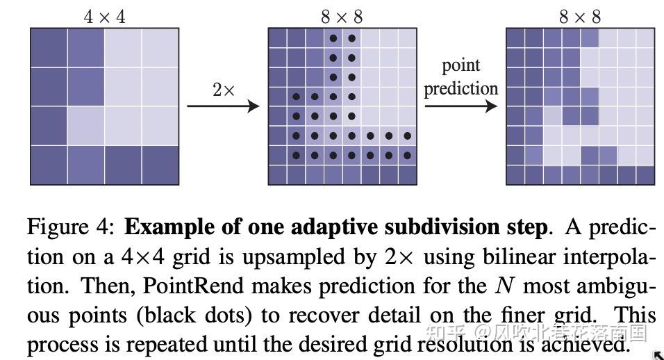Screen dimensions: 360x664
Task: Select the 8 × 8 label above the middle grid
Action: coord(342,17)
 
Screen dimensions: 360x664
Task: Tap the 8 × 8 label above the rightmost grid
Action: coord(580,17)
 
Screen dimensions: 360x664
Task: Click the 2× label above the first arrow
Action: coord(224,89)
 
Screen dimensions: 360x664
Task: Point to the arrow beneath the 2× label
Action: coord(222,106)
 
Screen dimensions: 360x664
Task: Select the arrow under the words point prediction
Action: coord(461,106)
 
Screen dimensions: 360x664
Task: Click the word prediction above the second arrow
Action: coord(461,89)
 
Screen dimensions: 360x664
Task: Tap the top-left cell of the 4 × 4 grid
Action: coord(49,47)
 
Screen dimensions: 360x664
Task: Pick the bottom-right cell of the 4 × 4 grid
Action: coord(160,165)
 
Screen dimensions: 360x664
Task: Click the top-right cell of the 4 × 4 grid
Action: coord(160,47)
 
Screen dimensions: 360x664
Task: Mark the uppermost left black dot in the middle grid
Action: coord(333,39)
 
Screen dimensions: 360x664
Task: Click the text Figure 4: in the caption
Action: coord(72,228)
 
